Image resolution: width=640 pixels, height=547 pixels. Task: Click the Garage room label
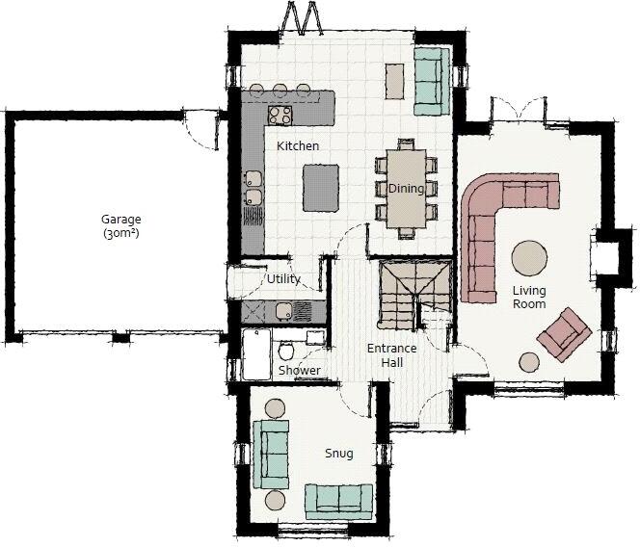120,225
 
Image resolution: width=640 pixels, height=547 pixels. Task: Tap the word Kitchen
298,146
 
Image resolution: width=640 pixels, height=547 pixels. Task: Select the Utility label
283,279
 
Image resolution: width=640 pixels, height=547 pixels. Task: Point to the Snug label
338,453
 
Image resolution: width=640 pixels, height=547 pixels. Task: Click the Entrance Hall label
391,355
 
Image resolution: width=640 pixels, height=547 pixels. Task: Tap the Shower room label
299,371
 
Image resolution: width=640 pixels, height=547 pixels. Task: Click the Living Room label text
529,298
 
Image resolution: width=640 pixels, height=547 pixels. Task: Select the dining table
406,189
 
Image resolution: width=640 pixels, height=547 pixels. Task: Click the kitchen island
322,188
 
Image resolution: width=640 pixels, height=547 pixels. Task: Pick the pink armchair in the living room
564,331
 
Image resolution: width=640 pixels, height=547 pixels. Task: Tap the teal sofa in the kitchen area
428,77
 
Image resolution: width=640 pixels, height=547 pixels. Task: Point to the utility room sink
284,310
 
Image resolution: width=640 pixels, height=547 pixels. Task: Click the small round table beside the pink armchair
529,362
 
